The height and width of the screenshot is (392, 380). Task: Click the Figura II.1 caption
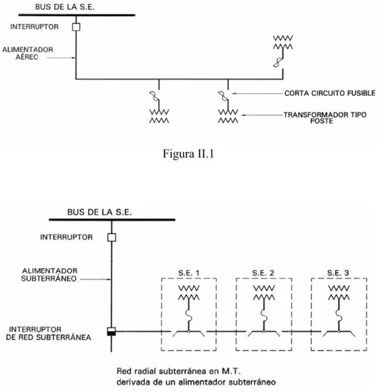(x=188, y=154)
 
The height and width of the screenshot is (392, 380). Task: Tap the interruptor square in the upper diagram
(x=76, y=27)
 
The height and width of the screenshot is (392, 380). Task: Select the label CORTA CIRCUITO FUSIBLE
(x=330, y=93)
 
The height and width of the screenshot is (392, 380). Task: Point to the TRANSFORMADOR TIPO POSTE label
(x=324, y=118)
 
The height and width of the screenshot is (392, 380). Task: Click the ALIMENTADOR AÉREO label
(x=28, y=53)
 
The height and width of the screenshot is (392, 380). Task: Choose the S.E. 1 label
(x=189, y=273)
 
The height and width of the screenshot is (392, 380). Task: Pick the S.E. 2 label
(x=263, y=273)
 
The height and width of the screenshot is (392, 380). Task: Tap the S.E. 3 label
(x=338, y=273)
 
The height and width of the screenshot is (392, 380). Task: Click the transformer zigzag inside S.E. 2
(x=264, y=292)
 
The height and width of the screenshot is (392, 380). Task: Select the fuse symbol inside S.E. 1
(x=189, y=316)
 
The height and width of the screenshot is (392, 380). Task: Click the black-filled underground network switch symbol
(x=111, y=332)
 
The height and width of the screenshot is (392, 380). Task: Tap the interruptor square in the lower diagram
(x=112, y=237)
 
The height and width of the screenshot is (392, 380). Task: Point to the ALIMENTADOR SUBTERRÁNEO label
(x=49, y=275)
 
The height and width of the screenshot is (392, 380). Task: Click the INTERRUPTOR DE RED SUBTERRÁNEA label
(x=48, y=334)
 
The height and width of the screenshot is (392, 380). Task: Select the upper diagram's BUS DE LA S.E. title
(x=65, y=7)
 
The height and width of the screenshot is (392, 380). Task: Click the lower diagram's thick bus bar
(x=112, y=220)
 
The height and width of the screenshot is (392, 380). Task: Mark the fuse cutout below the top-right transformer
(x=278, y=62)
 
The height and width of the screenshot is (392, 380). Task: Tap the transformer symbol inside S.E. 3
(x=339, y=292)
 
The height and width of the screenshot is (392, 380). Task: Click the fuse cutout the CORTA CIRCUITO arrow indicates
(x=224, y=96)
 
